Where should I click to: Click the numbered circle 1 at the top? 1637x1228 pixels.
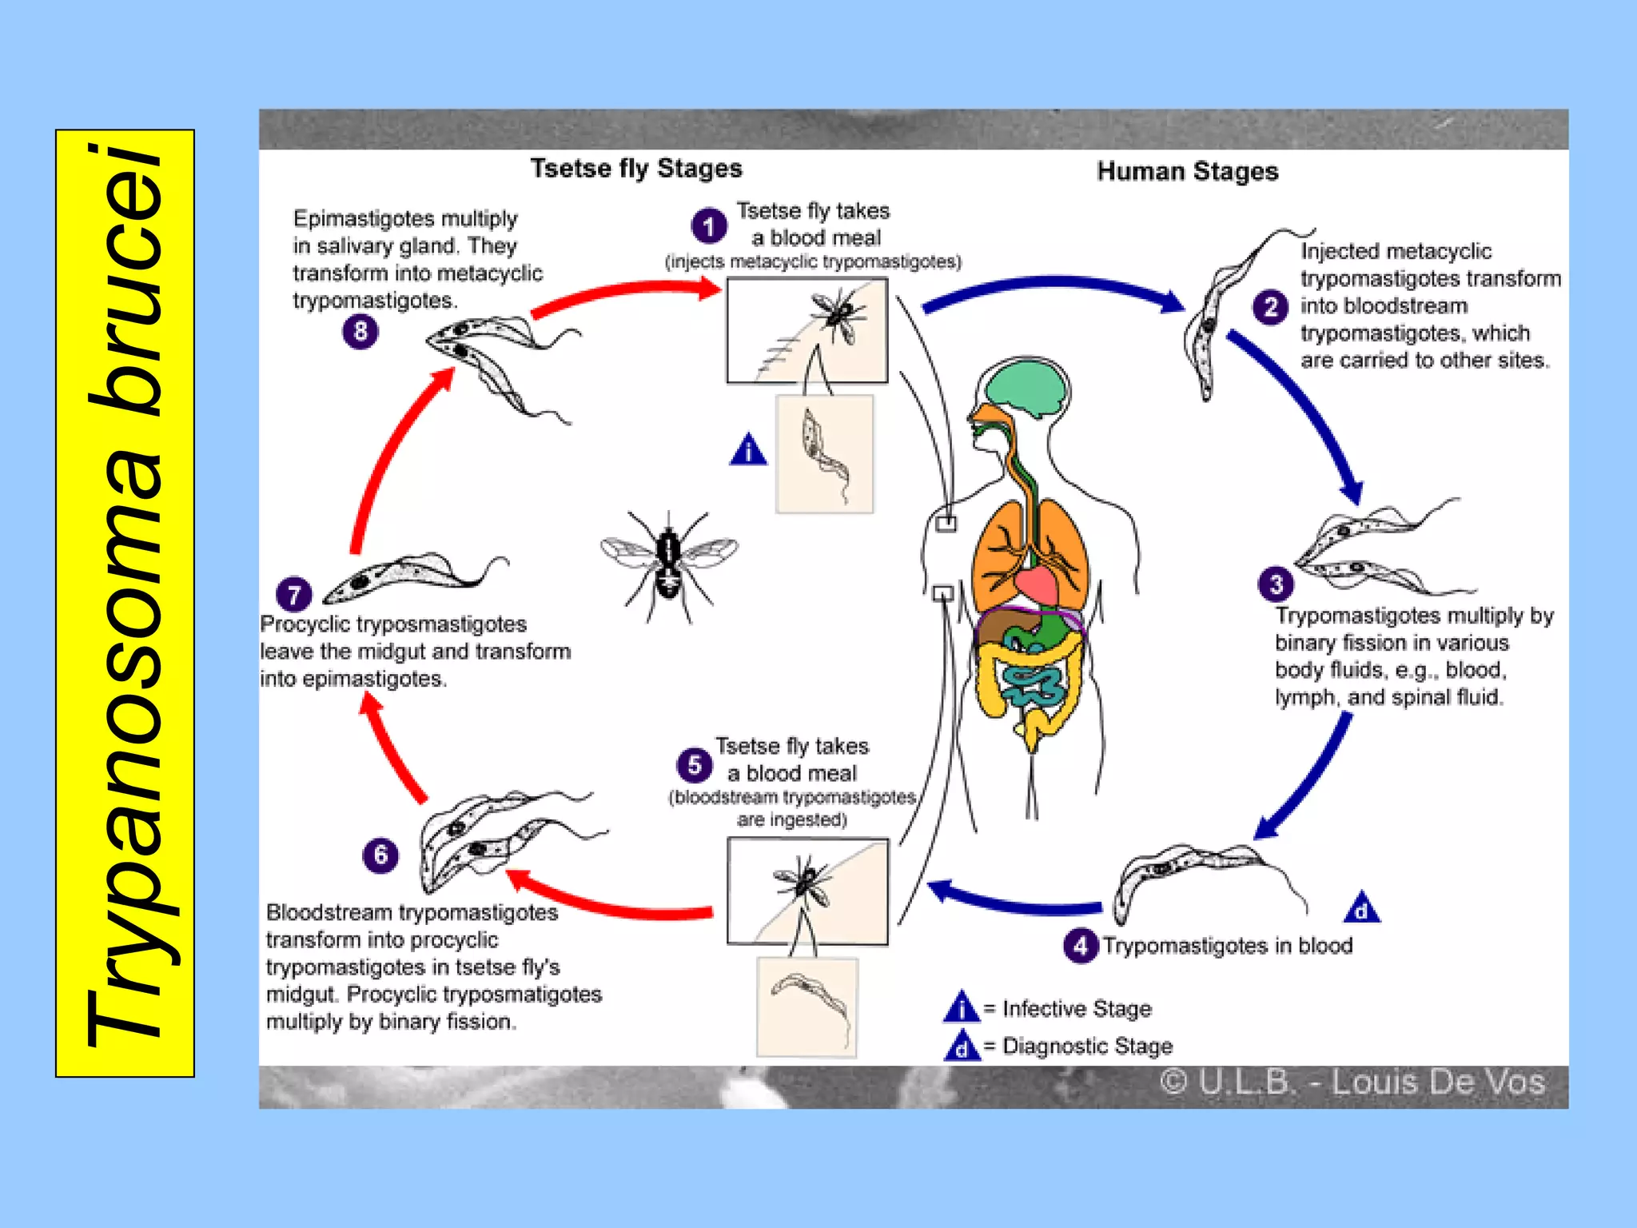(708, 226)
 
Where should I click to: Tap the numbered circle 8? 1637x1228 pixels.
(360, 330)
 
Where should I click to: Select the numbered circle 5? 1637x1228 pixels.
(694, 765)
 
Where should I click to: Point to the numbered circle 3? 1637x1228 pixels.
(1276, 584)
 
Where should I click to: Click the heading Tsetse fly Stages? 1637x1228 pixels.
(636, 169)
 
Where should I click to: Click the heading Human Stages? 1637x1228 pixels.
(1187, 172)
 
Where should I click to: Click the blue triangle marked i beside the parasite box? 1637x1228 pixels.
(748, 450)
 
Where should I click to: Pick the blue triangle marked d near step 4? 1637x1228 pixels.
(1361, 908)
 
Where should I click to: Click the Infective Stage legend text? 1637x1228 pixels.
(1076, 1009)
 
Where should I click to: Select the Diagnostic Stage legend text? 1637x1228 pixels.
(1086, 1046)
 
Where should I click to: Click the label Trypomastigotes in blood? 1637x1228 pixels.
(1227, 946)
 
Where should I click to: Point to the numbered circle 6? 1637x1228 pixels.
(380, 855)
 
